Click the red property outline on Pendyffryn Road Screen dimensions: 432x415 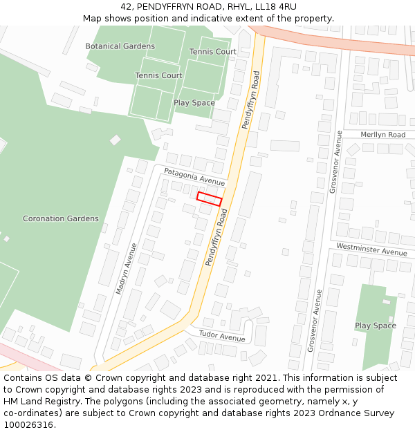pyautogui.click(x=209, y=199)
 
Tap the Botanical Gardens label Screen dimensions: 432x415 pyautogui.click(x=120, y=46)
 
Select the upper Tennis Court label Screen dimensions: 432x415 pyautogui.click(x=213, y=52)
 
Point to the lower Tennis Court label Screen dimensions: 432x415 pyautogui.click(x=158, y=75)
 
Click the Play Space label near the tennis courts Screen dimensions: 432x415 pyautogui.click(x=194, y=103)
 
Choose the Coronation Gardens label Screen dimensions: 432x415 pyautogui.click(x=61, y=218)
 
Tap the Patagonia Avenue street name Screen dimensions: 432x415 pyautogui.click(x=194, y=176)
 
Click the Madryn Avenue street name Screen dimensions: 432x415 pyautogui.click(x=126, y=268)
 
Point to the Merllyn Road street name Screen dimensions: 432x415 pyautogui.click(x=383, y=134)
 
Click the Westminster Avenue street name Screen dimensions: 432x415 pyautogui.click(x=372, y=249)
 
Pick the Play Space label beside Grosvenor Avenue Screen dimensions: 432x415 pyautogui.click(x=376, y=326)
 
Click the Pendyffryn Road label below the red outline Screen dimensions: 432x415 pyautogui.click(x=216, y=238)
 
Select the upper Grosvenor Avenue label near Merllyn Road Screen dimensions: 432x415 pyautogui.click(x=336, y=161)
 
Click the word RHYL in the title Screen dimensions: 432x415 pyautogui.click(x=237, y=7)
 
